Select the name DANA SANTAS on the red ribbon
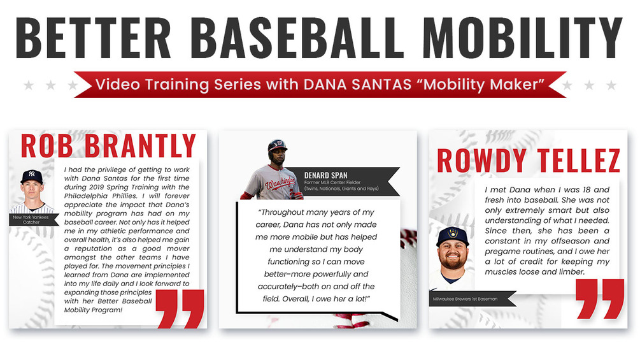coord(357,84)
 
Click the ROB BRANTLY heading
coord(108,146)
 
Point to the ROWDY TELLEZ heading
coord(529,161)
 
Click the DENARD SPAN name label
coord(325,175)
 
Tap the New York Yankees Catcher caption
coord(31,220)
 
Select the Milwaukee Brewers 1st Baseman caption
coord(465,299)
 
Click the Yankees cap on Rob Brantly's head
coord(32,176)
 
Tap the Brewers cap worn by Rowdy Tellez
coord(453,236)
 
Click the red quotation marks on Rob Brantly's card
coord(180,308)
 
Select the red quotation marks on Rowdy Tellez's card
coord(600,299)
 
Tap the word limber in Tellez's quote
coord(571,272)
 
